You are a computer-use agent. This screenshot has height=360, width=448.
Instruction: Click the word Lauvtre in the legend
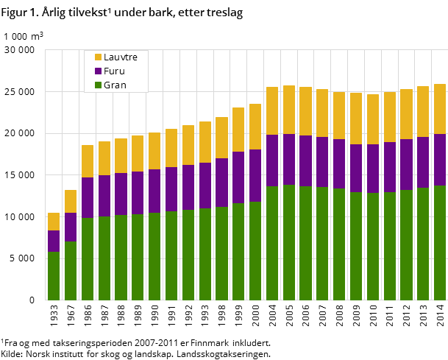coord(121,57)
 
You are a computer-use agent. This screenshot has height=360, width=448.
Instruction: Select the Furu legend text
coord(114,71)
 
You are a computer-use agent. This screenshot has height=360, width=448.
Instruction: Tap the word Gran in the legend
coord(115,85)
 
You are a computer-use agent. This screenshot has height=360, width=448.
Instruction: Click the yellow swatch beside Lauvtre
coord(98,57)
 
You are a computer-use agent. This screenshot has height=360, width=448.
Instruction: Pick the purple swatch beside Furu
coord(98,71)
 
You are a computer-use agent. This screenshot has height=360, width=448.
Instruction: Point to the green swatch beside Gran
coord(98,85)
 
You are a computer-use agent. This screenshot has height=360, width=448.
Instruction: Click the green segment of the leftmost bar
coord(54,276)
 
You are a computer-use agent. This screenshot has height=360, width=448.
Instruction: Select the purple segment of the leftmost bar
coord(54,241)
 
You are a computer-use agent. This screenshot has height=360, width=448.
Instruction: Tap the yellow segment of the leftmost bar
coord(54,222)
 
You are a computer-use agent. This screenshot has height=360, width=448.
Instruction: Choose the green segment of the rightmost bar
coord(440,243)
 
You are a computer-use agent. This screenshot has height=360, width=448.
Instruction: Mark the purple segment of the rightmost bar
coord(440,160)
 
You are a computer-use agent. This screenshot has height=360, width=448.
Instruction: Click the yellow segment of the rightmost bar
coord(440,109)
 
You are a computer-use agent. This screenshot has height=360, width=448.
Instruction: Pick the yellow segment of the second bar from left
coord(71,202)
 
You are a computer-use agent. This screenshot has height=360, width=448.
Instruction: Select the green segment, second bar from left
coord(71,271)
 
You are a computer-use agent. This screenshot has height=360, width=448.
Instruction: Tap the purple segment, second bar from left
coord(71,227)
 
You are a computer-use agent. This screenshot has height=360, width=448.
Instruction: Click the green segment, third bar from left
coord(88,259)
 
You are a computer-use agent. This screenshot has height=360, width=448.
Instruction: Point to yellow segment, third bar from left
coord(88,161)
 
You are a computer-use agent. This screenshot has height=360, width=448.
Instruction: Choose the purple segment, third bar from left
coord(88,197)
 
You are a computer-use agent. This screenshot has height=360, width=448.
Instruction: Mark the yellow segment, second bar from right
coord(423,111)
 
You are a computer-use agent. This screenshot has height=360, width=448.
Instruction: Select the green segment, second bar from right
coord(423,244)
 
